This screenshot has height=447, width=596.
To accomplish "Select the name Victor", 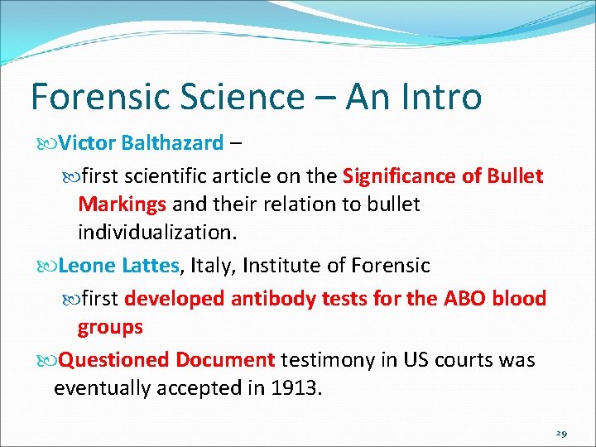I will click(88, 143).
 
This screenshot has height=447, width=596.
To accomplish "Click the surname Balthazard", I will click(172, 143).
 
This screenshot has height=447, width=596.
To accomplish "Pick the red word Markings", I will click(123, 204).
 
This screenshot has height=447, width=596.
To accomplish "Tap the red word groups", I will click(110, 327).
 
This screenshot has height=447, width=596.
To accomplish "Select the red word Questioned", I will click(114, 360).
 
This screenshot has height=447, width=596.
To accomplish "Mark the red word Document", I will click(225, 360).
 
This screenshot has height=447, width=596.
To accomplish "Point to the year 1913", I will click(293, 388).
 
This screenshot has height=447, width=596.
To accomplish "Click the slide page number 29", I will click(561, 433).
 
